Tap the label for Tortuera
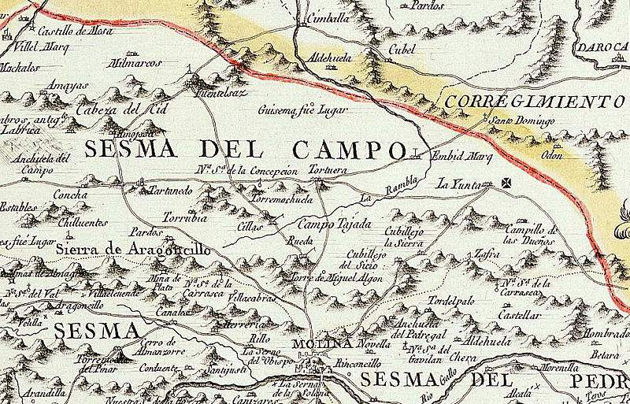[x=329, y=171]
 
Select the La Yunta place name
[x=458, y=185]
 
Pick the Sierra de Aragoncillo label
[x=134, y=249]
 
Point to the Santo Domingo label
[x=523, y=121]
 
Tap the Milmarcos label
[x=138, y=62]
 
